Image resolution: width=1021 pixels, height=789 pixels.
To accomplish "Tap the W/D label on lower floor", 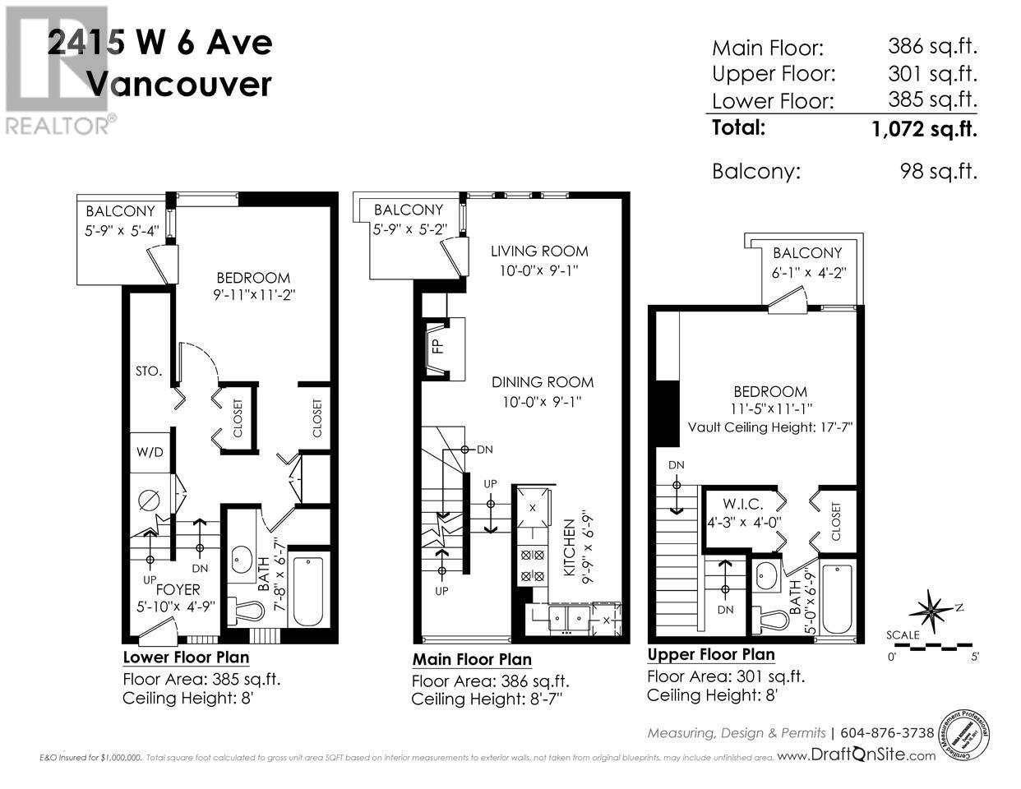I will [x=149, y=452].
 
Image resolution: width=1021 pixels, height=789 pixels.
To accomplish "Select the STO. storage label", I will [x=149, y=371].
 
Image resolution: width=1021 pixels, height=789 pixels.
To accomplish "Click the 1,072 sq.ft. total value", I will [x=924, y=128].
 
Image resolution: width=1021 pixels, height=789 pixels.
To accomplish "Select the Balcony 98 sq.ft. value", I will [x=939, y=172].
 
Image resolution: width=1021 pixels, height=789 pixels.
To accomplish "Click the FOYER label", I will [x=178, y=589].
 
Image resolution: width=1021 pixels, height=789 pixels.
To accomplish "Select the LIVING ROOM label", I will [x=539, y=251].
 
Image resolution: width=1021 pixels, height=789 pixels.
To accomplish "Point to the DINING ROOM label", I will [x=543, y=382].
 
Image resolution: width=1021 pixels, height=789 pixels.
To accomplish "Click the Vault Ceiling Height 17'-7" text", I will [x=771, y=427].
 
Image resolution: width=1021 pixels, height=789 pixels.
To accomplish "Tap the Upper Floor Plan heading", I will [x=710, y=655].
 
